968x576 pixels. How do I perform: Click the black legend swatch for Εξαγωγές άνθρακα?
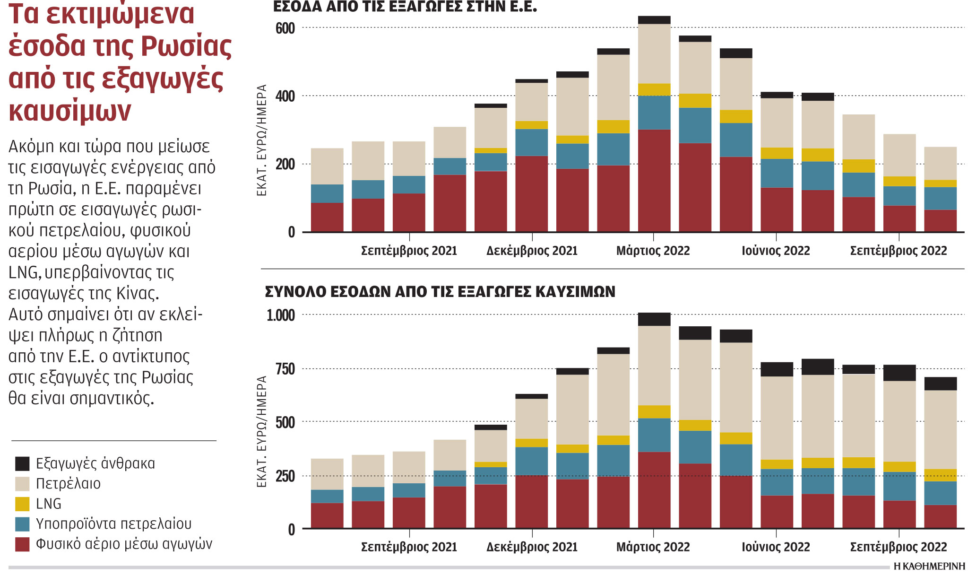tap(22, 463)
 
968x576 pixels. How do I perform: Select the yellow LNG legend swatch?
tap(22, 504)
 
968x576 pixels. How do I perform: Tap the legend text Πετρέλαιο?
tap(68, 484)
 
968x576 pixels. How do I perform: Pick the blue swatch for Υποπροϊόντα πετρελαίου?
tap(22, 524)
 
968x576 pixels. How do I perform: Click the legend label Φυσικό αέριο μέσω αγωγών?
tap(124, 544)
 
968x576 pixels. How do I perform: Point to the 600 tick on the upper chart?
tap(285, 28)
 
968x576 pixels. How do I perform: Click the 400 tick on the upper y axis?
tap(285, 96)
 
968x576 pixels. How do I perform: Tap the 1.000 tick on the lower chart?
tap(281, 315)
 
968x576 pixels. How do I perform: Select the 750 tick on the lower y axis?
tap(285, 369)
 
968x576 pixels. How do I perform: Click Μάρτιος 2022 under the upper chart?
tap(653, 251)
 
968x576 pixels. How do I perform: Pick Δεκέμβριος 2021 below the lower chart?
tap(532, 547)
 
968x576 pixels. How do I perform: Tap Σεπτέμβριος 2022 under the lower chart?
tap(899, 547)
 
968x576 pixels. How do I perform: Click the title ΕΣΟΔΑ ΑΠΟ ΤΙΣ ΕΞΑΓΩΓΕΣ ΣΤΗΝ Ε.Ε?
tap(405, 7)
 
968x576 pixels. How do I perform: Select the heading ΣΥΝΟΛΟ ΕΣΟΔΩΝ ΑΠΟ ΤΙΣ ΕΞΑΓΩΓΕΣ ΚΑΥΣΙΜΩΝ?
tap(440, 292)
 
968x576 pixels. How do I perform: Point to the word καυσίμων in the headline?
tap(70, 111)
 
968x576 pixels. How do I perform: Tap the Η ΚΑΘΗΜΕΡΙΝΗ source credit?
tap(929, 567)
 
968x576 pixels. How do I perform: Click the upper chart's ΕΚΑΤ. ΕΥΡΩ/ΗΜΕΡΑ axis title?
tap(262, 140)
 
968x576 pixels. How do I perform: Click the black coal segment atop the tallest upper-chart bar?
tap(654, 20)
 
